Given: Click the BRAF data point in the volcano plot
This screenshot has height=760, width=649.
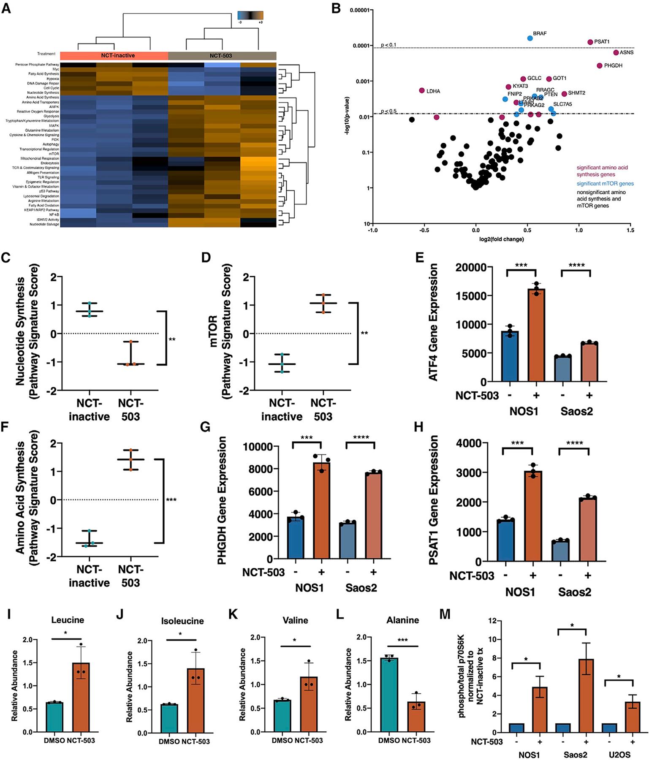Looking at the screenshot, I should pyautogui.click(x=530, y=38).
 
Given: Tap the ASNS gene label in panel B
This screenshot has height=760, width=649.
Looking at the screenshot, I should pyautogui.click(x=627, y=53).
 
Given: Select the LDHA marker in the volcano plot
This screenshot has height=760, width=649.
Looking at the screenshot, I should pyautogui.click(x=421, y=90).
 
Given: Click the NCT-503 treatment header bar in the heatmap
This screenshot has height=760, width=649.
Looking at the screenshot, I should pyautogui.click(x=222, y=55).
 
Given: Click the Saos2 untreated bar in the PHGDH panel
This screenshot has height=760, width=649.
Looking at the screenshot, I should pyautogui.click(x=348, y=542).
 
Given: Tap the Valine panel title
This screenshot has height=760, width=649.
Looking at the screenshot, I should pyautogui.click(x=295, y=620).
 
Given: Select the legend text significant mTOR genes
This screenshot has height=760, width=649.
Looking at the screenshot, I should pyautogui.click(x=605, y=184).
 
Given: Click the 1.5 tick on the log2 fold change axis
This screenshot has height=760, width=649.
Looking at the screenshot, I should pyautogui.click(x=630, y=231).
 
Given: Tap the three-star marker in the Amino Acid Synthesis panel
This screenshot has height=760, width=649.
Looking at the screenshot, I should pyautogui.click(x=171, y=500).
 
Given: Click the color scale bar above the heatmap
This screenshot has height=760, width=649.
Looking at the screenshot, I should pyautogui.click(x=250, y=16).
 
